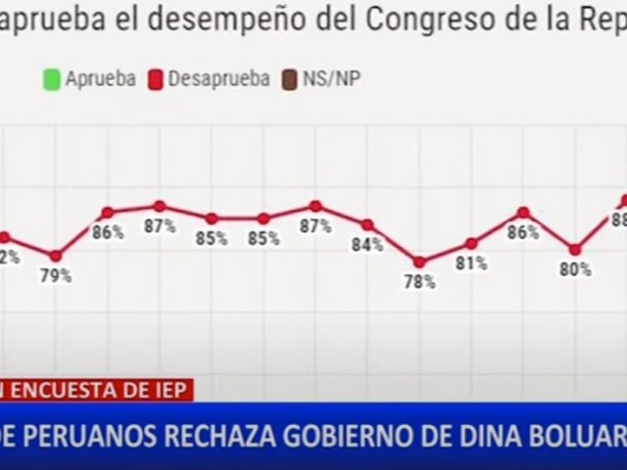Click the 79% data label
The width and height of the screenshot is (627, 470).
click(x=56, y=276)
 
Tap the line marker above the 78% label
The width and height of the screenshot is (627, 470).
click(x=419, y=261)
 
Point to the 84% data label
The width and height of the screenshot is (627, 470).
click(x=366, y=245)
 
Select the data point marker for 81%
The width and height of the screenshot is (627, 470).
click(x=471, y=243)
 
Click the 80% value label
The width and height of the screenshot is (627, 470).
click(x=575, y=269)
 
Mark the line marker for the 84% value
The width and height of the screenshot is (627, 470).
click(x=367, y=224)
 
